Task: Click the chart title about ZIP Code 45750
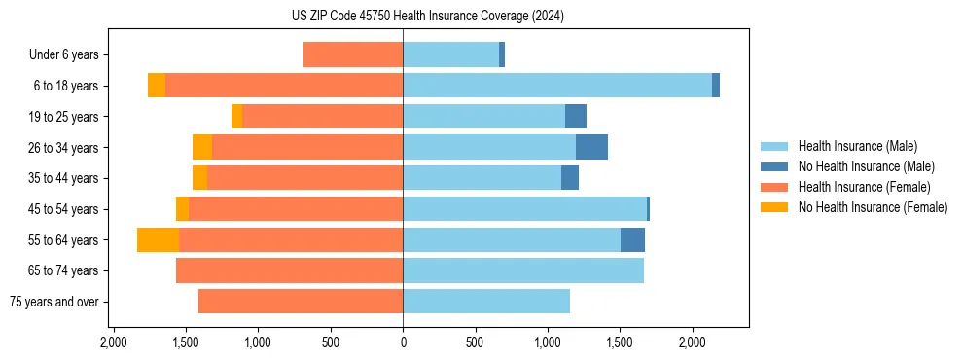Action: tap(427, 17)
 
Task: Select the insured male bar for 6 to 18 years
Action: tap(557, 86)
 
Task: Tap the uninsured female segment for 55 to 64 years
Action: tap(158, 239)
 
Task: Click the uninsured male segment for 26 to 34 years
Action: tap(591, 147)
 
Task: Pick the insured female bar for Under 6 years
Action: tap(353, 54)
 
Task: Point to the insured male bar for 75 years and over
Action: tap(486, 302)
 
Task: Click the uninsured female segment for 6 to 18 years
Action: tap(157, 86)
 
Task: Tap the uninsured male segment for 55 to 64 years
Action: tap(632, 239)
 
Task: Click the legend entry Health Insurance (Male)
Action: tap(857, 146)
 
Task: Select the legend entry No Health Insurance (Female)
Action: tap(873, 207)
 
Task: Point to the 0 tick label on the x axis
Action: tap(403, 342)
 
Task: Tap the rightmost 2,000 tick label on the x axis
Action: tap(692, 342)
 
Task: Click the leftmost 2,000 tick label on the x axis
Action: tap(114, 342)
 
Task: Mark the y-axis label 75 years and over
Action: tap(53, 302)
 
